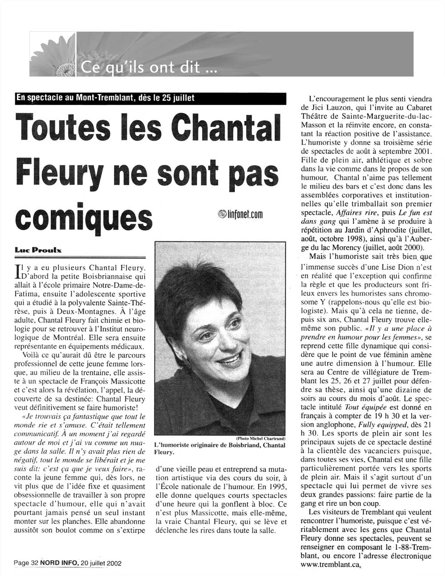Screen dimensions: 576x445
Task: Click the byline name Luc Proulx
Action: (x=38, y=251)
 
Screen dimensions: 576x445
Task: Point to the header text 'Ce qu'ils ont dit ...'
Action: (x=149, y=68)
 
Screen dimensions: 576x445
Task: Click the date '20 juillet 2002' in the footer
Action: (x=101, y=563)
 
